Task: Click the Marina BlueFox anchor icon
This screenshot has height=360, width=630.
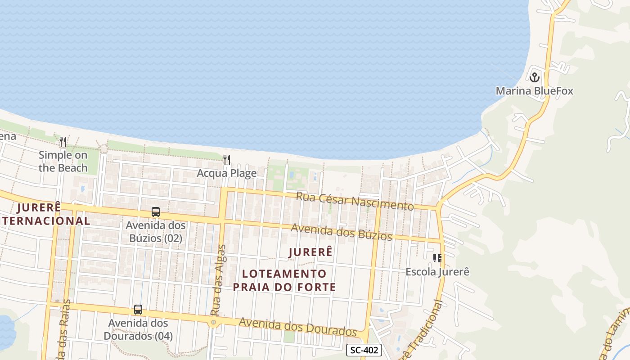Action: pyautogui.click(x=534, y=77)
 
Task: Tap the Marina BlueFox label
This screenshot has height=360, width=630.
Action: pyautogui.click(x=534, y=91)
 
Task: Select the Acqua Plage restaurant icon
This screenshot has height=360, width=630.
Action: pyautogui.click(x=227, y=160)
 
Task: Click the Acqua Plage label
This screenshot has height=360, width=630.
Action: pyautogui.click(x=227, y=173)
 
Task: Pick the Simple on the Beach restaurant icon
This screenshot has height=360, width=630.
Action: pyautogui.click(x=63, y=142)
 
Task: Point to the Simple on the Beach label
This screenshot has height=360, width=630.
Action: pyautogui.click(x=63, y=161)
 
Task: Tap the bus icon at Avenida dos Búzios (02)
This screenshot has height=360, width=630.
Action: pyautogui.click(x=156, y=212)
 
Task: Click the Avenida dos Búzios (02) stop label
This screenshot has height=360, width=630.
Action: pyautogui.click(x=156, y=231)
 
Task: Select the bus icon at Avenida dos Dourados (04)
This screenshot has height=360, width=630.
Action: pyautogui.click(x=138, y=310)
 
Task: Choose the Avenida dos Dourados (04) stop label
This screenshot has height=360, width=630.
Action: pyautogui.click(x=138, y=329)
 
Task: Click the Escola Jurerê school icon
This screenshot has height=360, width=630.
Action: pyautogui.click(x=437, y=258)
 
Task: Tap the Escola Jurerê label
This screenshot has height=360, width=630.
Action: pyautogui.click(x=437, y=272)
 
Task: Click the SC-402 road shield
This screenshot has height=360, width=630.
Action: pyautogui.click(x=364, y=350)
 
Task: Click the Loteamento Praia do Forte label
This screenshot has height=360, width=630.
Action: pyautogui.click(x=284, y=280)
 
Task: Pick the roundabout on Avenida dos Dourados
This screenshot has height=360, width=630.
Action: pyautogui.click(x=213, y=322)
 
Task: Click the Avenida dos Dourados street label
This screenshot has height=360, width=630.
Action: pyautogui.click(x=297, y=327)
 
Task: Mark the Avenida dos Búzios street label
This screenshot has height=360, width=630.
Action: pyautogui.click(x=342, y=232)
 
